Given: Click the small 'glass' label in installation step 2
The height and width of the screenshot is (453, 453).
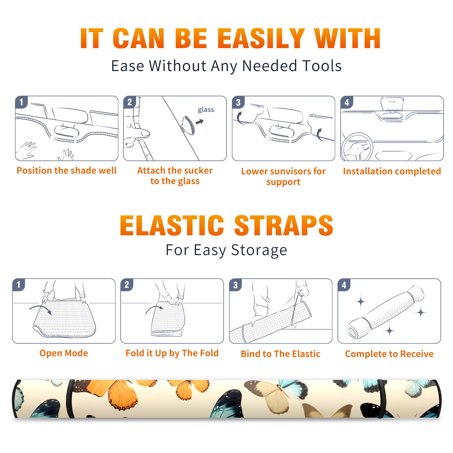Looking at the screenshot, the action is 206,110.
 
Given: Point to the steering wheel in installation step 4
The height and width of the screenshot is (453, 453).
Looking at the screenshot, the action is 357,147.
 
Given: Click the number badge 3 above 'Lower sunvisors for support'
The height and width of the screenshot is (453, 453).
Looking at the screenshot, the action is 238,102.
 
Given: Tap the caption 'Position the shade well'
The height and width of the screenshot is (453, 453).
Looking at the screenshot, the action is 67,170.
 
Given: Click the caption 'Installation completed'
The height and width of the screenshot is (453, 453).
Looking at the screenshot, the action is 392,171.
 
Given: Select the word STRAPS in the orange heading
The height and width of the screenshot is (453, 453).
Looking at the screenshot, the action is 284,225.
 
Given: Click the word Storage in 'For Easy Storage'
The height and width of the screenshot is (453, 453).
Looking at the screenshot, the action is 259,250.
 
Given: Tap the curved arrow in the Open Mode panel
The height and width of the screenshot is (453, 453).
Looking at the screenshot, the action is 40,309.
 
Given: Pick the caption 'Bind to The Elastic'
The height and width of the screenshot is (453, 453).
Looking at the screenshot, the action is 280,354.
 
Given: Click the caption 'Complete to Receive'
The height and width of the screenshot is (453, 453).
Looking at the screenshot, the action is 389,354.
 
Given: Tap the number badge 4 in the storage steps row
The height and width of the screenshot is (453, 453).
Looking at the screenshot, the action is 344,285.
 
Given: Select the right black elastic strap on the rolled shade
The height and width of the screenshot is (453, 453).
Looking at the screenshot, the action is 382,399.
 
